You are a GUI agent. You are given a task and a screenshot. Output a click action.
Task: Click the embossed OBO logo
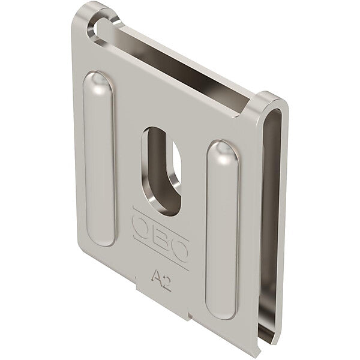[161, 238]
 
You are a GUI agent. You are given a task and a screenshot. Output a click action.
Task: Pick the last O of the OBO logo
[181, 250]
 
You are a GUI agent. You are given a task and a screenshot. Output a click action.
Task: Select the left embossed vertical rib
[99, 159]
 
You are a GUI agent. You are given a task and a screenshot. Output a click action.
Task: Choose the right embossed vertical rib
[222, 230]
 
